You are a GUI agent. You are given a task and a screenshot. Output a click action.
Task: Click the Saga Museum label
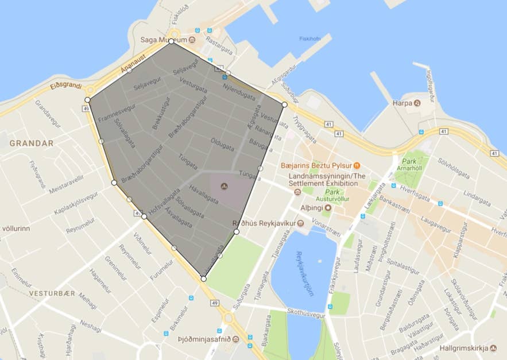[164, 40]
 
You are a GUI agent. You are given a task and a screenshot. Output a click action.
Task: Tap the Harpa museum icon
[417, 103]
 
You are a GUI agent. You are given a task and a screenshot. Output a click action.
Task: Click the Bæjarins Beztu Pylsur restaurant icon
[357, 165]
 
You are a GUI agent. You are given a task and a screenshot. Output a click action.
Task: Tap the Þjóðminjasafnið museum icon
[236, 339]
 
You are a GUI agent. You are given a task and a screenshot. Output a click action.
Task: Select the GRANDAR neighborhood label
[31, 143]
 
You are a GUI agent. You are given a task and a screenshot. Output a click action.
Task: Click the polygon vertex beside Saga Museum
[171, 42]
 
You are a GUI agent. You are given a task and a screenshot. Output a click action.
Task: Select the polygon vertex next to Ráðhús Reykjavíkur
[237, 232]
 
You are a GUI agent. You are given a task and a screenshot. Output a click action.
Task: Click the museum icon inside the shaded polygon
[224, 187]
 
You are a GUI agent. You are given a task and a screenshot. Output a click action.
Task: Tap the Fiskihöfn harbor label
[309, 39]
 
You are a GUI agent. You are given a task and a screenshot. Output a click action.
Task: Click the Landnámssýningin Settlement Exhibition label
[327, 180]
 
